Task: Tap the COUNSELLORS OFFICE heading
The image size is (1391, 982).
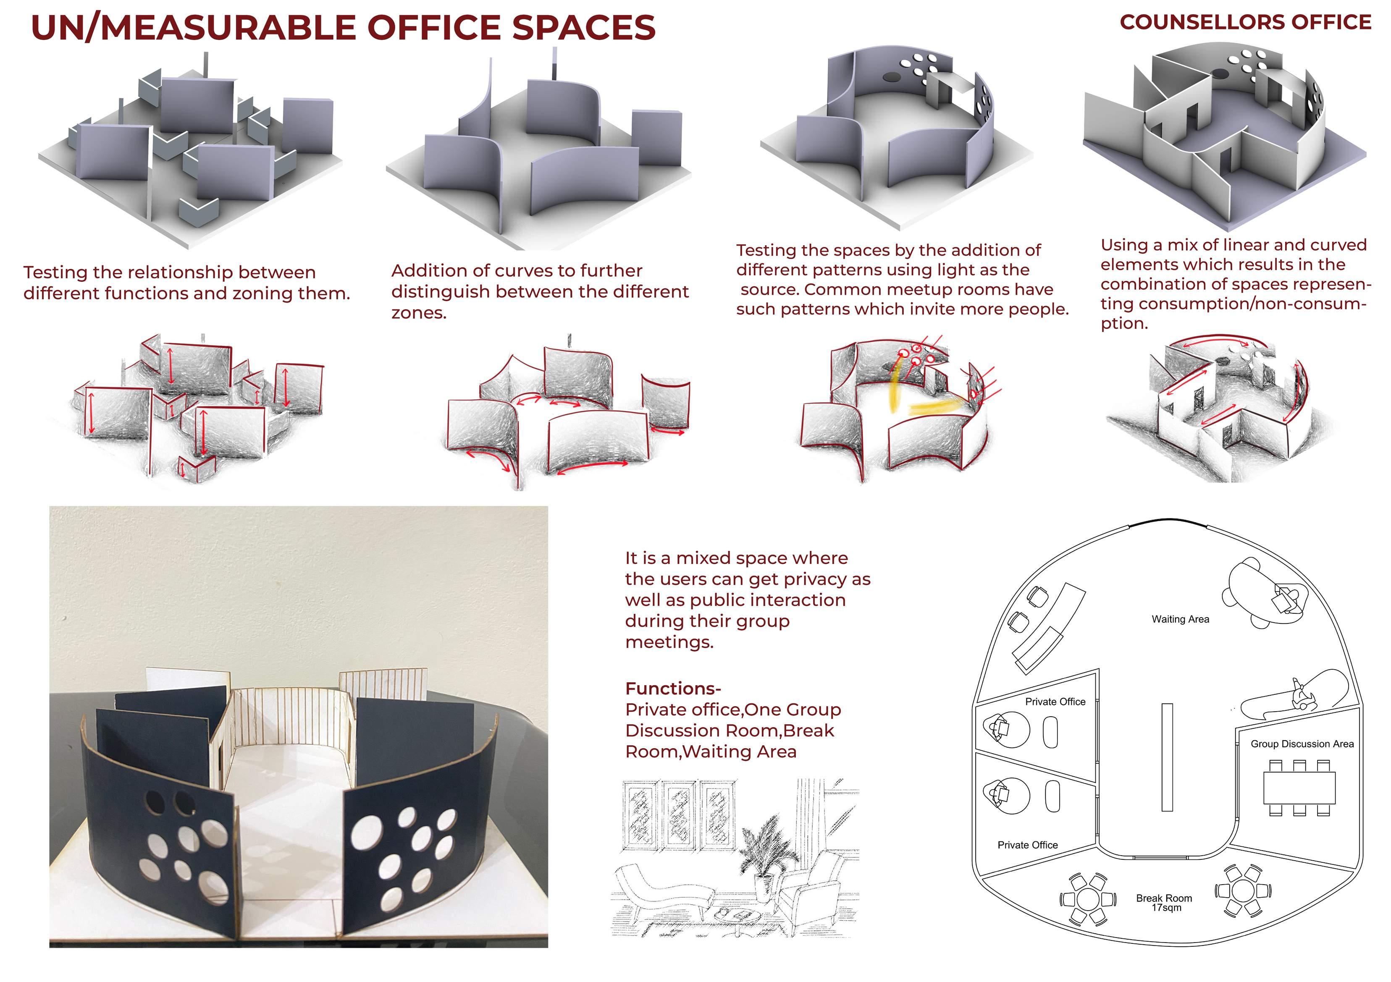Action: pos(1245,22)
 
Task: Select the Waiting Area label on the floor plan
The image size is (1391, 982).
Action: pos(1180,619)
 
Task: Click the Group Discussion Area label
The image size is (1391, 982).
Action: pos(1302,744)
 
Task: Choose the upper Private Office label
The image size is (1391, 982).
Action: pos(1055,702)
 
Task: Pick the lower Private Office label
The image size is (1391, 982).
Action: pos(1027,845)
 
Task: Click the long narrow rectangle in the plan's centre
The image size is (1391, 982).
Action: pos(1167,757)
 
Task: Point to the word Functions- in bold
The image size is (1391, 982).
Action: pos(672,689)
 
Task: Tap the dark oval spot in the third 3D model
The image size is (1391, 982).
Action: pos(892,78)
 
